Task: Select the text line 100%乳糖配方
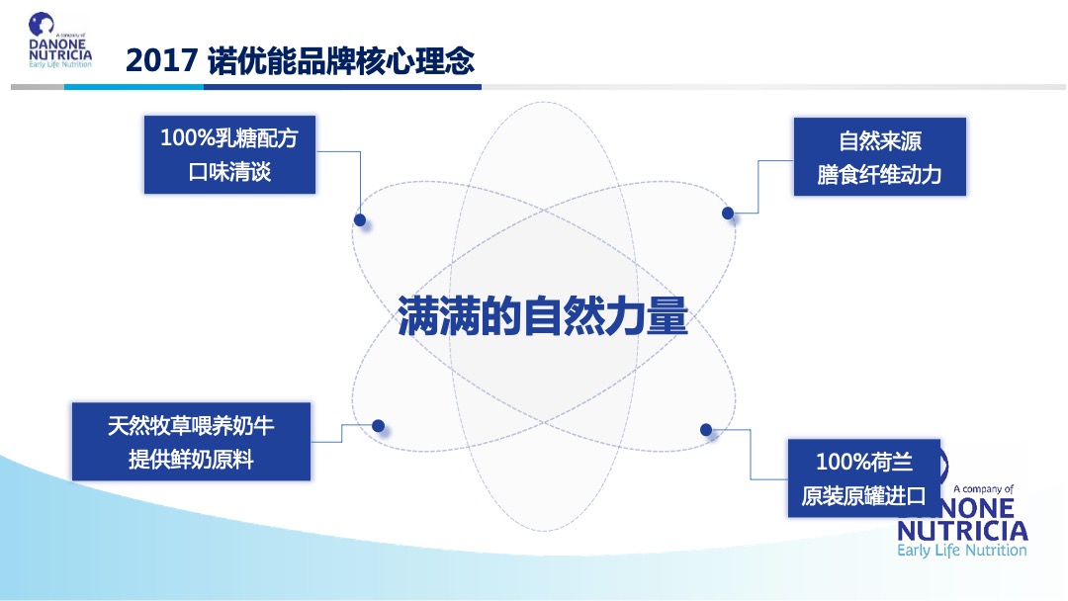pyautogui.click(x=228, y=138)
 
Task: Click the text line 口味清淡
pyautogui.click(x=228, y=172)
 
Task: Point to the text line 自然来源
pyautogui.click(x=879, y=140)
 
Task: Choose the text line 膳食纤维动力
pyautogui.click(x=879, y=175)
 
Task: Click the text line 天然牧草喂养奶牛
pyautogui.click(x=191, y=426)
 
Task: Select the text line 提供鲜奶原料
pyautogui.click(x=191, y=460)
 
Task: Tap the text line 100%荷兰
pyautogui.click(x=863, y=462)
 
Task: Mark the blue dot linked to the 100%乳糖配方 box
pyautogui.click(x=360, y=219)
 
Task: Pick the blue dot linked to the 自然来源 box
pyautogui.click(x=728, y=213)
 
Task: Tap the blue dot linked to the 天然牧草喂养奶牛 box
pyautogui.click(x=378, y=426)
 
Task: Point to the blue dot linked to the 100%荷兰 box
pyautogui.click(x=706, y=429)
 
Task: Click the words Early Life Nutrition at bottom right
pyautogui.click(x=961, y=551)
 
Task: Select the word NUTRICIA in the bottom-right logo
pyautogui.click(x=961, y=531)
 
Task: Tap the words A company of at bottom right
pyautogui.click(x=983, y=489)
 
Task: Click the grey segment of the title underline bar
pyautogui.click(x=38, y=87)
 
